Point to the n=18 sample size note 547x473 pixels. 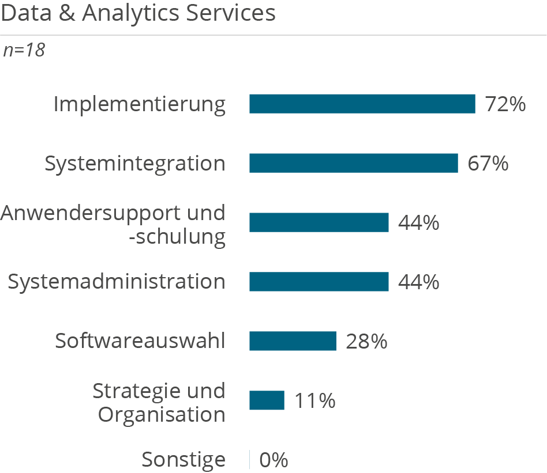24,51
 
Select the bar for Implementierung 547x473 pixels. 362,104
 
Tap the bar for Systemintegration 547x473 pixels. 353,164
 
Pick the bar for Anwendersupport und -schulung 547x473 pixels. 319,222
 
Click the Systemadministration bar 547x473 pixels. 319,282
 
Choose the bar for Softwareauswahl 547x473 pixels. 293,341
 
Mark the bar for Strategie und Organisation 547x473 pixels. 267,400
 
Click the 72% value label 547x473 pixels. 505,104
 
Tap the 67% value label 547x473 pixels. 488,164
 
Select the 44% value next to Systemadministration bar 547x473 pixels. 419,282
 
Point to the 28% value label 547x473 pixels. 366,341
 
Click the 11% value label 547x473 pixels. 315,400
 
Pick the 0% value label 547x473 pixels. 273,460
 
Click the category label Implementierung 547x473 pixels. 139,104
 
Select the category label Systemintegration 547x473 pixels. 135,164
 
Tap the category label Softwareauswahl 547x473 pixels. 140,341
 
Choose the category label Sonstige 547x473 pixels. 183,460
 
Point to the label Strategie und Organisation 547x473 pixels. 159,402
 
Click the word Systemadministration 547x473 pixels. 116,282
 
